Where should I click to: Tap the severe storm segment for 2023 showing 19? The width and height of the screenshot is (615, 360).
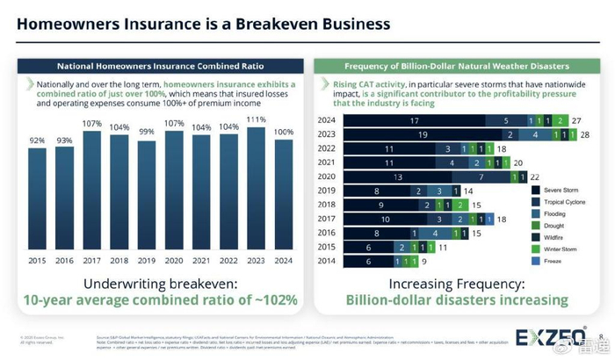[x=423, y=134]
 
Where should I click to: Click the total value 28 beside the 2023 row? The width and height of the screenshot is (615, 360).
[x=586, y=134]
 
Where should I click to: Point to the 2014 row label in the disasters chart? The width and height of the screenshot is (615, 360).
[x=328, y=261]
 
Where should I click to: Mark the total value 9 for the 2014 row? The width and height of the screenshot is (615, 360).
[x=425, y=261]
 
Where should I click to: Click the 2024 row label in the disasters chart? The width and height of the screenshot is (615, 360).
[x=328, y=120]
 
